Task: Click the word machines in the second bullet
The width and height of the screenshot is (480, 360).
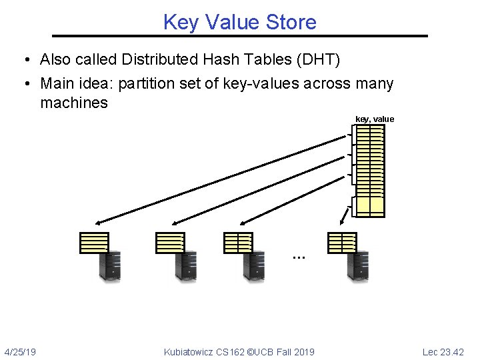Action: pyautogui.click(x=74, y=103)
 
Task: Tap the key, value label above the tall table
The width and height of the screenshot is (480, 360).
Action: pyautogui.click(x=375, y=119)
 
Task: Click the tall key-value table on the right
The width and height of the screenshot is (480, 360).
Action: pyautogui.click(x=369, y=170)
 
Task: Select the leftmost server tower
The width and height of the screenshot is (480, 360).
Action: pyautogui.click(x=110, y=265)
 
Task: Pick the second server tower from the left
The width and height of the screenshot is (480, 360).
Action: pyautogui.click(x=186, y=265)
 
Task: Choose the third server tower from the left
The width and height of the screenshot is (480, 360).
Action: pyautogui.click(x=254, y=265)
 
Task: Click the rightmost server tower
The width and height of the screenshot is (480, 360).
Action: pyautogui.click(x=358, y=265)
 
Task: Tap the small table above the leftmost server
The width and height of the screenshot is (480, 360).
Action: pyautogui.click(x=94, y=243)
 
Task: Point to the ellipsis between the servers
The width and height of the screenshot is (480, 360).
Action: pyautogui.click(x=298, y=256)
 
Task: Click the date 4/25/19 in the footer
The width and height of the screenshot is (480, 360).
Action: pyautogui.click(x=20, y=351)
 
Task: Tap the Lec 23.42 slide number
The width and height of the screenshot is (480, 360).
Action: pyautogui.click(x=443, y=351)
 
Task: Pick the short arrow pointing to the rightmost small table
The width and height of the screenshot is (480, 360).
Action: pyautogui.click(x=345, y=215)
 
